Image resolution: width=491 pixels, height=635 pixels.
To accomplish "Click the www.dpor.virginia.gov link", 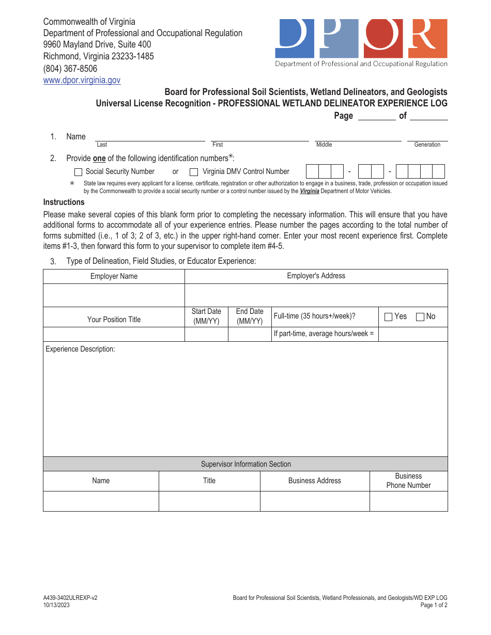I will click(x=82, y=80).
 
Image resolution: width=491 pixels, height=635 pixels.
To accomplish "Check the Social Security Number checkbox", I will click(x=79, y=172).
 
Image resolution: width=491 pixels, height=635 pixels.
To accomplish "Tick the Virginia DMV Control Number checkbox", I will click(x=194, y=172).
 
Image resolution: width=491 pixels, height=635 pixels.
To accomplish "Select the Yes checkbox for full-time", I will click(x=388, y=317).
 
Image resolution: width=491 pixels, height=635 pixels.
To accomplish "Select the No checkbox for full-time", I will click(x=420, y=317).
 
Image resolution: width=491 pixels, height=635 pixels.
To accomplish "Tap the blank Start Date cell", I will click(x=206, y=334).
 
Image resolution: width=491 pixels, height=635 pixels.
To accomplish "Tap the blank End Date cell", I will click(x=250, y=334).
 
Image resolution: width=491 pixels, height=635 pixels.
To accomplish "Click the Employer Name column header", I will click(x=114, y=276).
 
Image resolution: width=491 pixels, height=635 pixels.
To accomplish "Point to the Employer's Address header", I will click(x=316, y=276).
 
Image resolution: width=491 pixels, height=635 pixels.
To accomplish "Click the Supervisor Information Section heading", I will click(x=245, y=464).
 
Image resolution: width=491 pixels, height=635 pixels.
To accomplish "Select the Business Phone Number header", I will click(x=408, y=481).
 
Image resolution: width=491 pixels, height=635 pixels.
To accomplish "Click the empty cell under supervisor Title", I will click(x=209, y=501).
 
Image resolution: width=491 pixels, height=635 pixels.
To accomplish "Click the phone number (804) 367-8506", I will click(x=70, y=68).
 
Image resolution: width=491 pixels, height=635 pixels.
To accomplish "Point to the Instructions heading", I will click(x=64, y=202).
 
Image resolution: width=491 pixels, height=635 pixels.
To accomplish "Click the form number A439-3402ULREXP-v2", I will click(x=70, y=598).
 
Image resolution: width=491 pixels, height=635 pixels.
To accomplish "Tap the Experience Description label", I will click(x=80, y=349).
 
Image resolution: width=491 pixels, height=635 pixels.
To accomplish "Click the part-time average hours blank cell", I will click(x=413, y=334).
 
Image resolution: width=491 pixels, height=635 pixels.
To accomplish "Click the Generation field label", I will click(x=427, y=145).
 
